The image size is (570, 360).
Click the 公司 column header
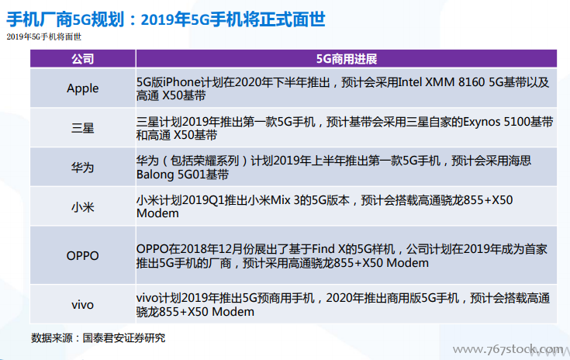[x=82, y=59]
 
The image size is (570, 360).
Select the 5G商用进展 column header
[x=347, y=59]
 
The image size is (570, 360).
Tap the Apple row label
[x=82, y=88]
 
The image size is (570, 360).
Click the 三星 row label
[x=82, y=128]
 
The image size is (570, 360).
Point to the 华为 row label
[x=82, y=168]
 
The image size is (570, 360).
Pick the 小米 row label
[x=82, y=207]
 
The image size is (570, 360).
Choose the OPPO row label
[x=82, y=255]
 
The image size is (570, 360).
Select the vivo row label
[x=82, y=305]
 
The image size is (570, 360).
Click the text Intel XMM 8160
[x=441, y=82]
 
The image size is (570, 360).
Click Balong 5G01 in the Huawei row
[x=171, y=175]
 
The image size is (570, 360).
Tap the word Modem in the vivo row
[x=233, y=312]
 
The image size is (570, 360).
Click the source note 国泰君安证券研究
[x=124, y=337]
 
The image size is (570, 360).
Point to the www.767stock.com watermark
[x=508, y=350]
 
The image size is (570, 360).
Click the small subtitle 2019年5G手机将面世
[x=44, y=36]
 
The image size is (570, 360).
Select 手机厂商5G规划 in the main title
[x=66, y=19]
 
